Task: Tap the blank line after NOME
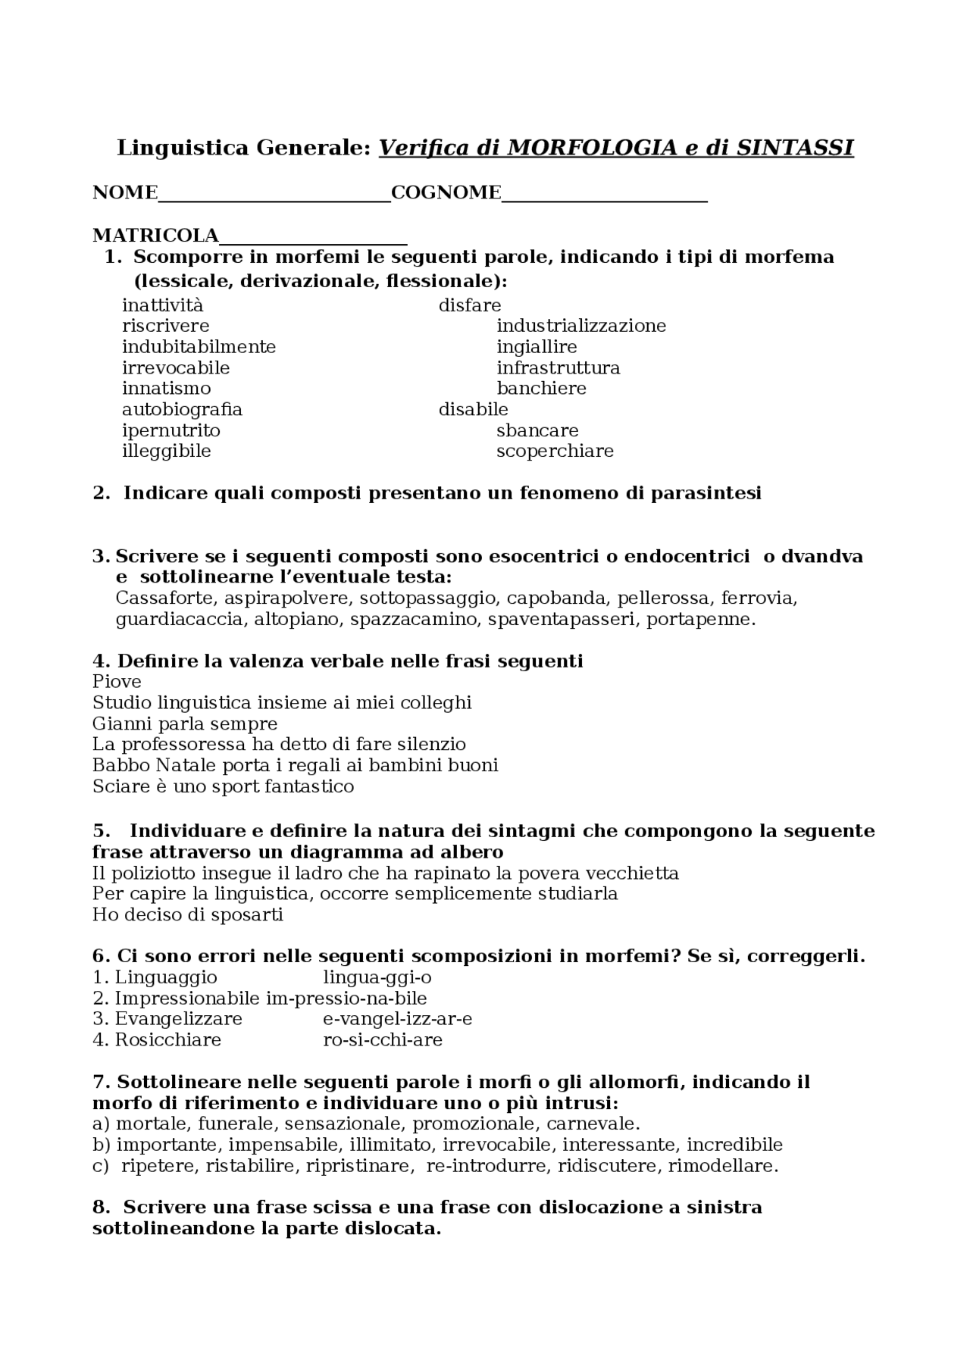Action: coord(274,198)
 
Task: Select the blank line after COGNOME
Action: coord(604,198)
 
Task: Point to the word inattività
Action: coord(163,305)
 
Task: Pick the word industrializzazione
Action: coord(581,326)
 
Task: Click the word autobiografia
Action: coord(182,410)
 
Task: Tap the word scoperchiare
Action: coord(555,452)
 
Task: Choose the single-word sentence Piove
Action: coord(117,682)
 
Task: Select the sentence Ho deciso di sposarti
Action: coord(188,914)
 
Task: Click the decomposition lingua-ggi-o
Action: coord(377,977)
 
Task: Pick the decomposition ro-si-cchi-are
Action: coord(383,1039)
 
